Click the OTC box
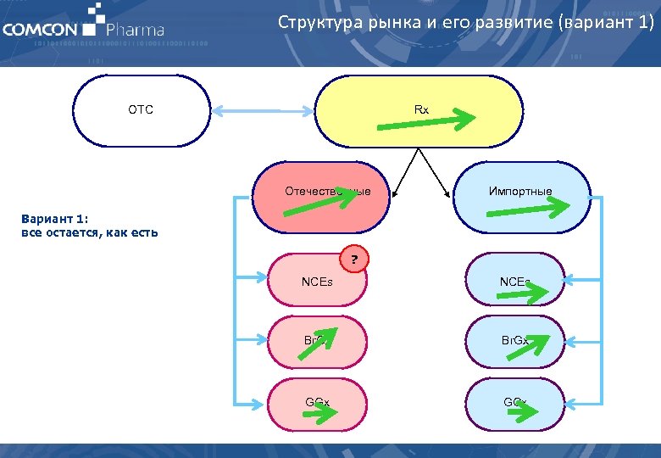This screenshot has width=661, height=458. tap(141, 111)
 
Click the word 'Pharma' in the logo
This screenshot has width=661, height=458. tap(135, 31)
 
